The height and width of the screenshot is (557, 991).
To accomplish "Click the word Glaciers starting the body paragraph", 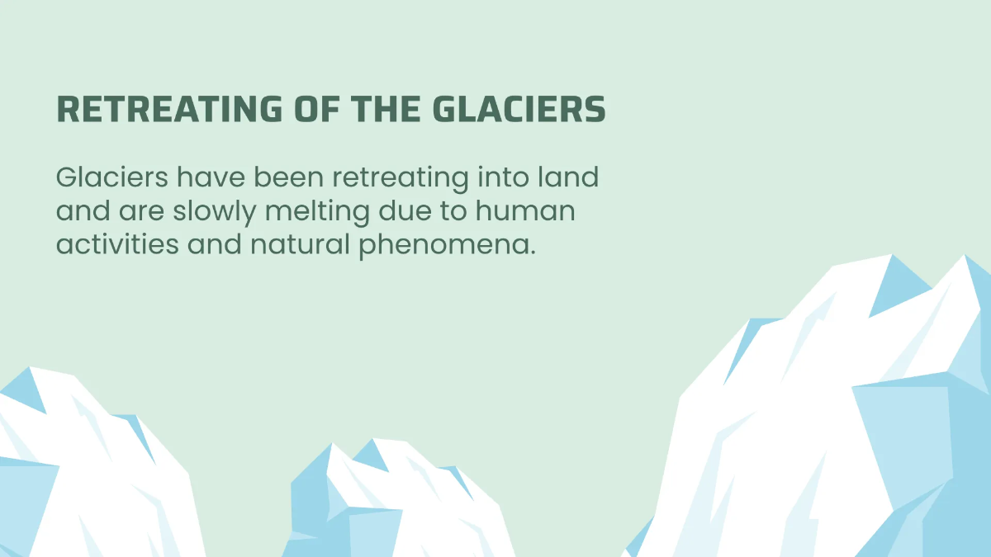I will click(x=110, y=177).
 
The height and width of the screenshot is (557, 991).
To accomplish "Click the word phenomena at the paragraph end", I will click(x=446, y=248).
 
